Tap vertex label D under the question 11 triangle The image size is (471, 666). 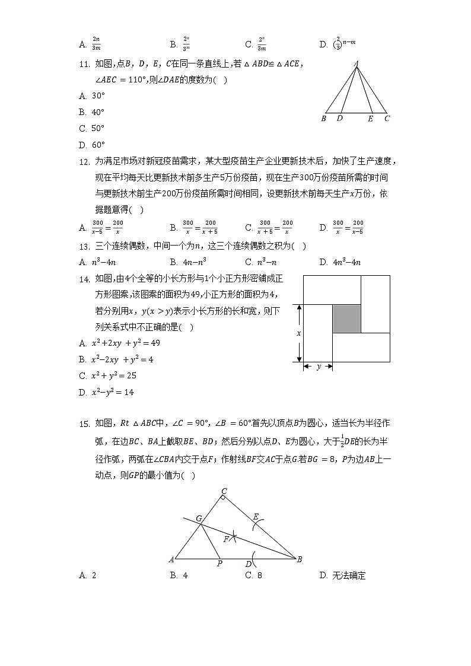[x=339, y=118]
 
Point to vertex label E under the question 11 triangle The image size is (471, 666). [x=370, y=119]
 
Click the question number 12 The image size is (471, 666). [x=84, y=161]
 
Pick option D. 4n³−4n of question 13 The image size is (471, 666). [x=340, y=262]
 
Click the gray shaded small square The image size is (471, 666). [x=346, y=318]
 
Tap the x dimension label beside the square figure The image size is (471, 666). [x=298, y=333]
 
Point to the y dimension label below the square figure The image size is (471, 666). [x=319, y=367]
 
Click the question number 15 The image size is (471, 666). [x=84, y=423]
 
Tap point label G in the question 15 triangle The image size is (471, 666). [x=200, y=518]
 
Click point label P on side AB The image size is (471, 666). [x=219, y=564]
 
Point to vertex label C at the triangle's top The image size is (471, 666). [x=224, y=490]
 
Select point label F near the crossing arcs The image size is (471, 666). [x=226, y=539]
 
